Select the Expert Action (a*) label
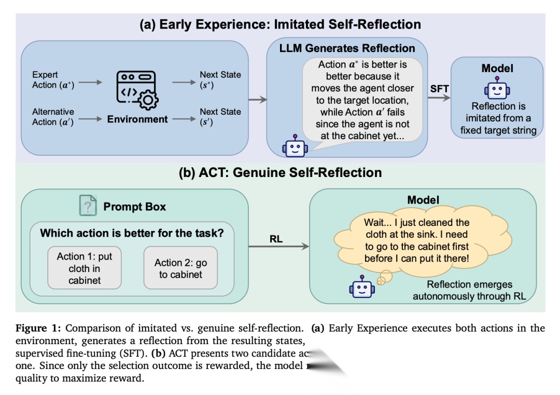[x=53, y=80]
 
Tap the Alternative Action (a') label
[x=53, y=117]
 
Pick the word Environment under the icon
[x=137, y=119]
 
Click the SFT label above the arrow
[x=440, y=89]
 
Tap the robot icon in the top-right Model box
[x=497, y=89]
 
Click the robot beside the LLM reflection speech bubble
[x=295, y=146]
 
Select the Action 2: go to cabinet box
[x=180, y=268]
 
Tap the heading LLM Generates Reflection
[x=347, y=48]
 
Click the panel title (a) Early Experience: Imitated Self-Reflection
[x=280, y=24]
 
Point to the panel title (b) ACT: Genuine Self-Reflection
[x=280, y=172]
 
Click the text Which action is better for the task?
[x=132, y=233]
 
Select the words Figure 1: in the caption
[x=38, y=328]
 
